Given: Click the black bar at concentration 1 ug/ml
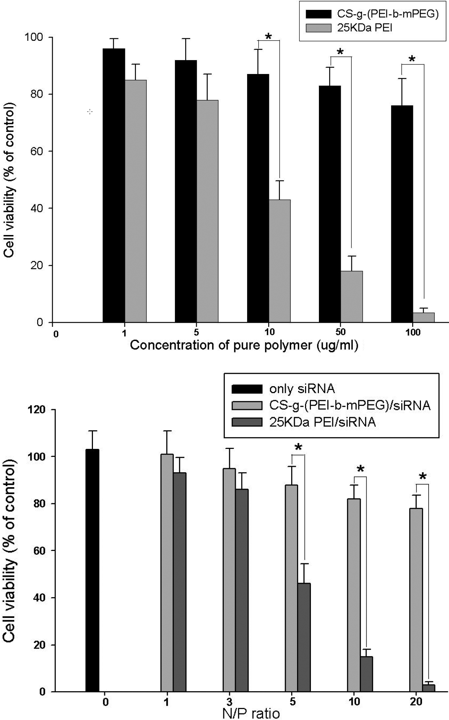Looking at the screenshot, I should pyautogui.click(x=114, y=186).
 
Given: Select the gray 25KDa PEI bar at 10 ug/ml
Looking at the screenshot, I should pyautogui.click(x=280, y=261).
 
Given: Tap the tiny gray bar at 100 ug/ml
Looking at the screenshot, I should pyautogui.click(x=423, y=317).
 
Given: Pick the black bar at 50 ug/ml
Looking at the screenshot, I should pyautogui.click(x=330, y=204).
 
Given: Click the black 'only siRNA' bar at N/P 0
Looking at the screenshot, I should pyautogui.click(x=92, y=570).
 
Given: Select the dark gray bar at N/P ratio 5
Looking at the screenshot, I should pyautogui.click(x=304, y=637).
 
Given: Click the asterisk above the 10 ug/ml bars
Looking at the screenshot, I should pyautogui.click(x=269, y=37).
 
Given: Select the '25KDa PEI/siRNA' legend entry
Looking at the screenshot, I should pyautogui.click(x=323, y=422).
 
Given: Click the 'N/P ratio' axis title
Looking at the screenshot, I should pyautogui.click(x=251, y=713).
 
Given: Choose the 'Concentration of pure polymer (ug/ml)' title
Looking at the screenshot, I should pyautogui.click(x=244, y=345).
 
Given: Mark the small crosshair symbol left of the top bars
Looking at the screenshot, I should pyautogui.click(x=90, y=112).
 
